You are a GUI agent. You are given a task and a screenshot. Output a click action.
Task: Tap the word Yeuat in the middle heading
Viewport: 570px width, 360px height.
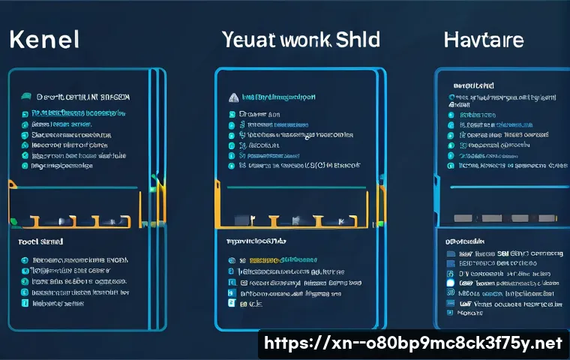coord(247,39)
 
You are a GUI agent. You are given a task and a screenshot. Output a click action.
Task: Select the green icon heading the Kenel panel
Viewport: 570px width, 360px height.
coord(26,97)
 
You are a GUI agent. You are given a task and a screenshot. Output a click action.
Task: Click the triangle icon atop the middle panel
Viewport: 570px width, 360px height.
coord(232,97)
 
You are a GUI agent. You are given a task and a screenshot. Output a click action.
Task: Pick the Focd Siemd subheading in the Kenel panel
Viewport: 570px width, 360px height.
coord(40,242)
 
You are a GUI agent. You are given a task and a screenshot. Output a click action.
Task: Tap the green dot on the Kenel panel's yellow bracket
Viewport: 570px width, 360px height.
coord(13,220)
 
